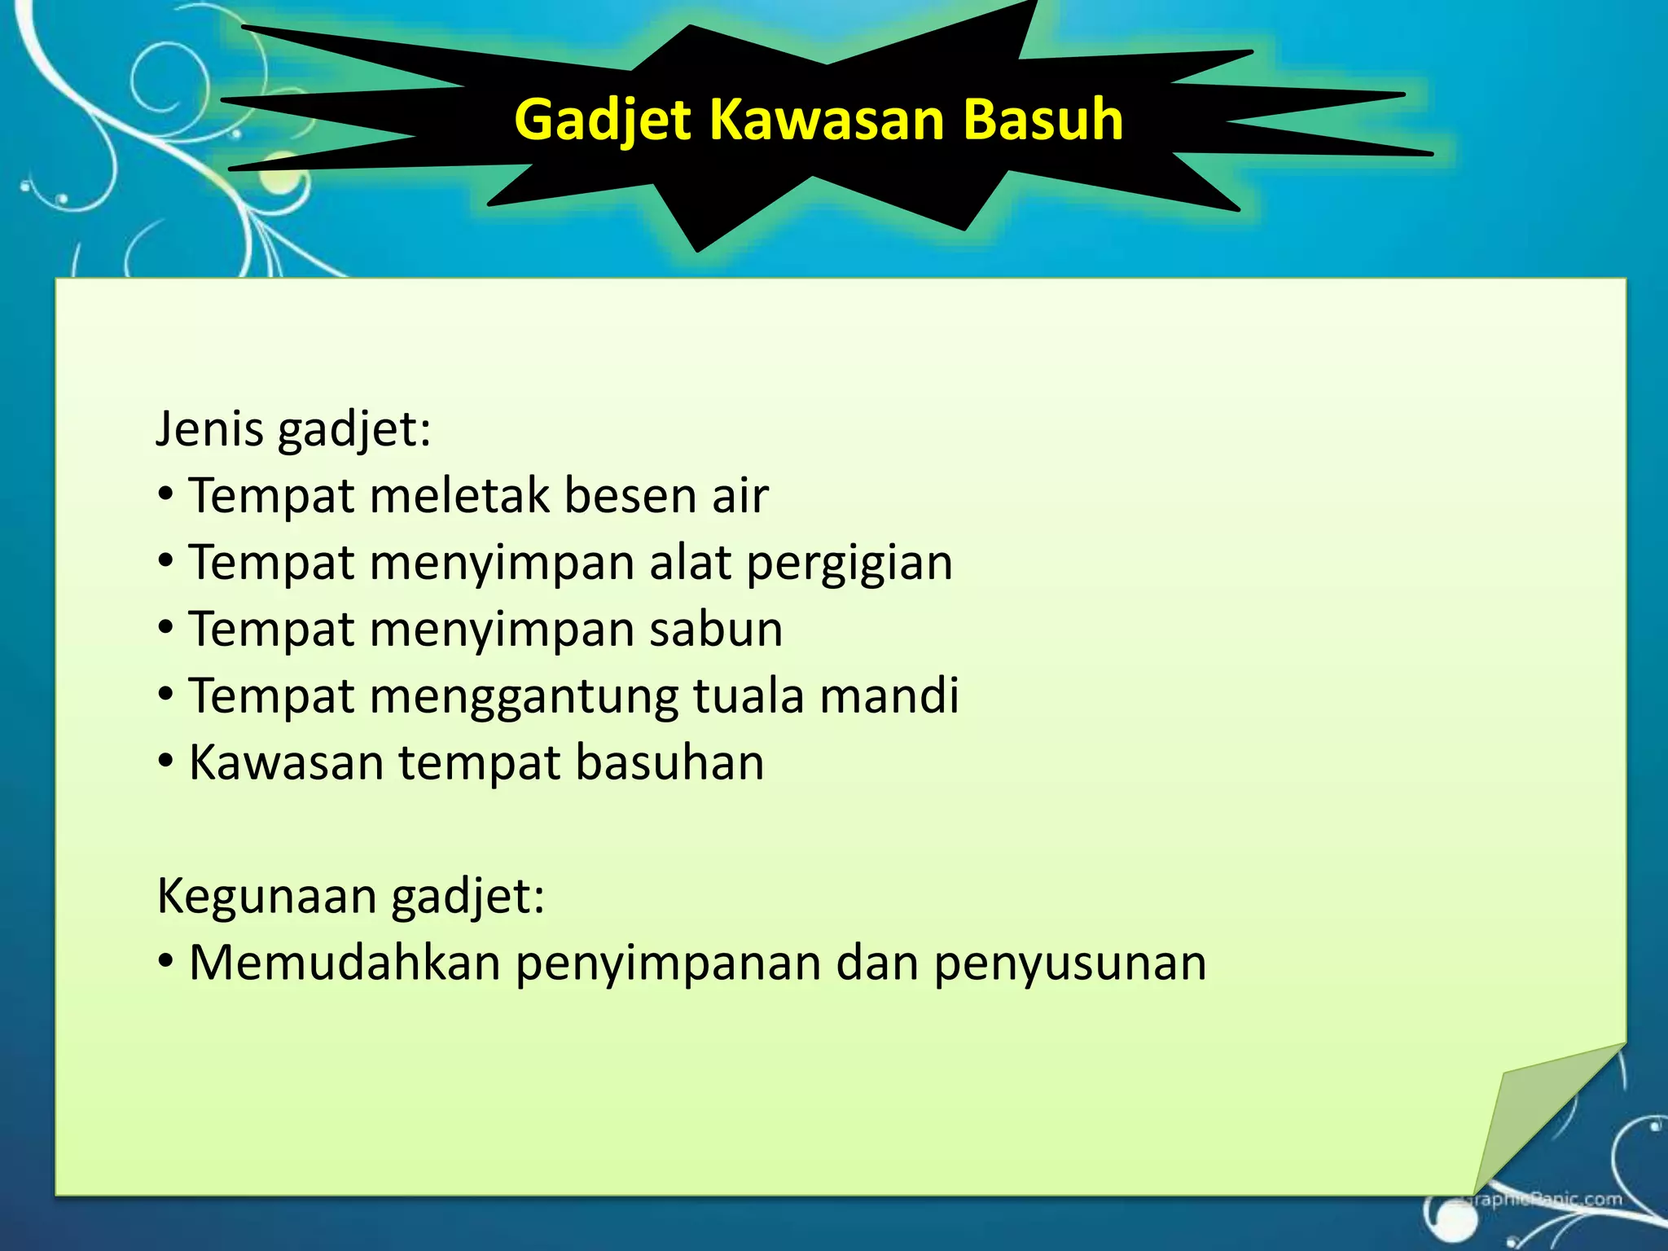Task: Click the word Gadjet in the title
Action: tap(603, 120)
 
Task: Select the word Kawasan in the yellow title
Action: tap(827, 120)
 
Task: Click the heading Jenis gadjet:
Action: tap(293, 429)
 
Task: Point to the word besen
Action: tap(630, 496)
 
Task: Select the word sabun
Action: tap(716, 630)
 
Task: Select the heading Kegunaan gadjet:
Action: tap(350, 897)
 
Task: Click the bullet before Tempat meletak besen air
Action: tap(166, 494)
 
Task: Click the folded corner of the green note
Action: tap(1531, 1116)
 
